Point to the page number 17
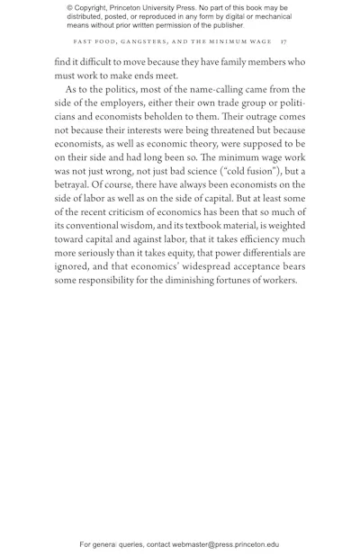pos(283,41)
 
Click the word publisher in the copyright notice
pos(221,25)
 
